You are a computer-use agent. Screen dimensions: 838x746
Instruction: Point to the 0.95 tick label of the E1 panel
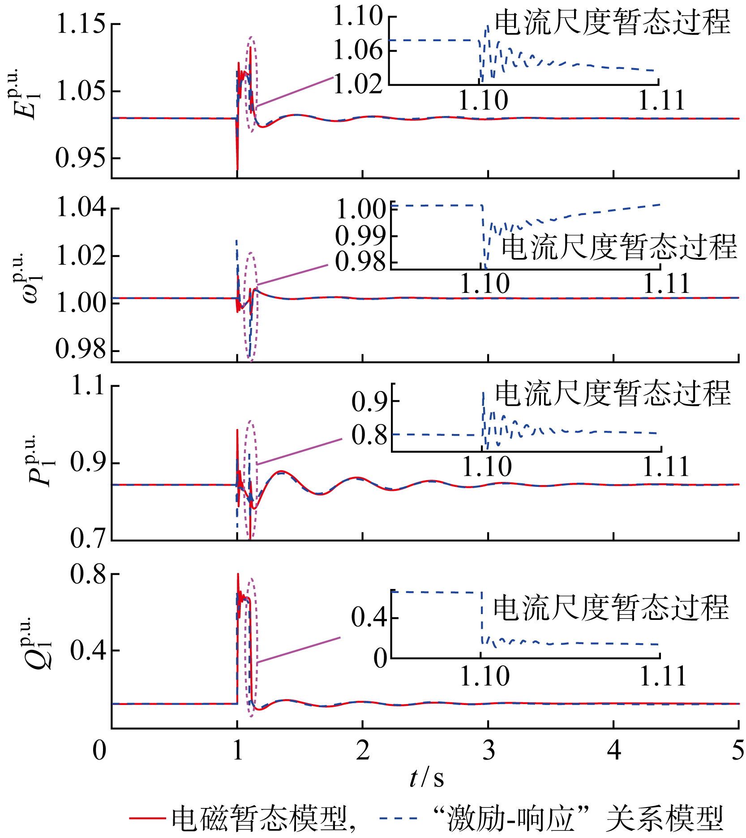[81, 158]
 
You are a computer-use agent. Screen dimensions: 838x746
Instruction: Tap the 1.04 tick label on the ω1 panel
[81, 208]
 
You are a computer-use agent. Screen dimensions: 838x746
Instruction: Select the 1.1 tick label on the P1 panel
[89, 385]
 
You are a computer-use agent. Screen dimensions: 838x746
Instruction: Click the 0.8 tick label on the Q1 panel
[89, 574]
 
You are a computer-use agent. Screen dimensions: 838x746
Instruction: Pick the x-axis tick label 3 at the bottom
[489, 750]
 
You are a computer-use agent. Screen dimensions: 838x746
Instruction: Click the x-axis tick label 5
[738, 750]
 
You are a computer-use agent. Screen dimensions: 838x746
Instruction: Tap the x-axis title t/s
[426, 778]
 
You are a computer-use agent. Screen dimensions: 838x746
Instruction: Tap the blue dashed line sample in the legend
[398, 818]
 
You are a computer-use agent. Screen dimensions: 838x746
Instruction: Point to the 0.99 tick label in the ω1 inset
[360, 236]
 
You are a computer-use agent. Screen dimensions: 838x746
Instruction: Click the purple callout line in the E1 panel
[295, 92]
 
